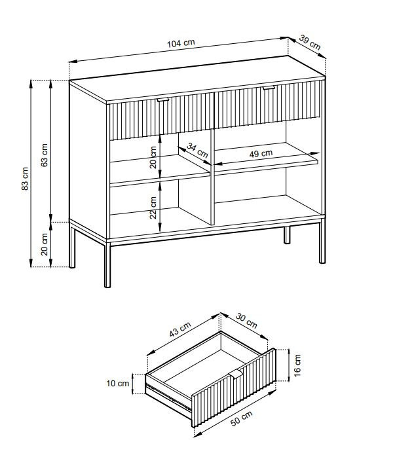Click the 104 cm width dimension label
tap(181, 43)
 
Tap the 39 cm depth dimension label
tap(310, 42)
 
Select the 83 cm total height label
tap(25, 179)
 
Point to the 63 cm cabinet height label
tap(45, 155)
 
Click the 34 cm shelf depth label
tap(197, 151)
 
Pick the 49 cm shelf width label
tap(261, 154)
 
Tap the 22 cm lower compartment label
tap(153, 208)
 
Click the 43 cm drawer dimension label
tap(180, 329)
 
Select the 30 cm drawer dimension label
tap(247, 321)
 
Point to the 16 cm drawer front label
tap(297, 365)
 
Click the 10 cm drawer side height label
tap(117, 384)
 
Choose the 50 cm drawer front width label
tap(242, 418)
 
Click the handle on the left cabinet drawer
tap(163, 100)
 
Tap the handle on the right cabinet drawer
tap(269, 88)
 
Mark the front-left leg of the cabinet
tap(107, 265)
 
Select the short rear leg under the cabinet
tap(287, 235)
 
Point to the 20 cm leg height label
tap(45, 244)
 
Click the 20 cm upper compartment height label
tap(153, 158)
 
